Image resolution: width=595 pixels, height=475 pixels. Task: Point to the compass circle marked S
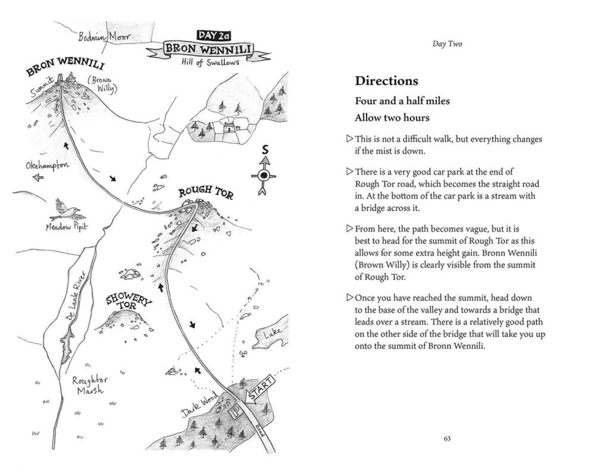[264, 175]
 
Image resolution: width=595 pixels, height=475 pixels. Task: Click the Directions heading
[386, 81]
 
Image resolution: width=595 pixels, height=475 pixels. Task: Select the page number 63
[447, 439]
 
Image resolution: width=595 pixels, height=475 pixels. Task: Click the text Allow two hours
[392, 118]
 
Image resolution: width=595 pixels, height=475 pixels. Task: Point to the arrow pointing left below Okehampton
[37, 178]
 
